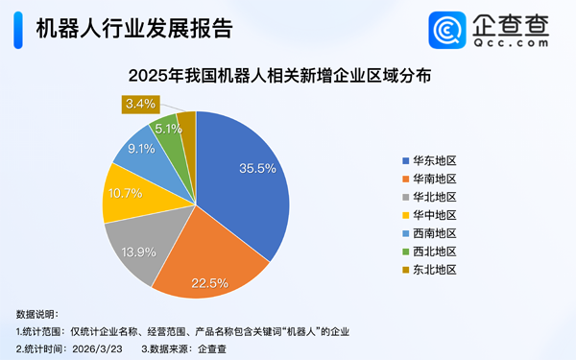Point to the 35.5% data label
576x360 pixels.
tap(257, 168)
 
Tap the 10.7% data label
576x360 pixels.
tap(124, 193)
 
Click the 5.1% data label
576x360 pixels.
tap(169, 128)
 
